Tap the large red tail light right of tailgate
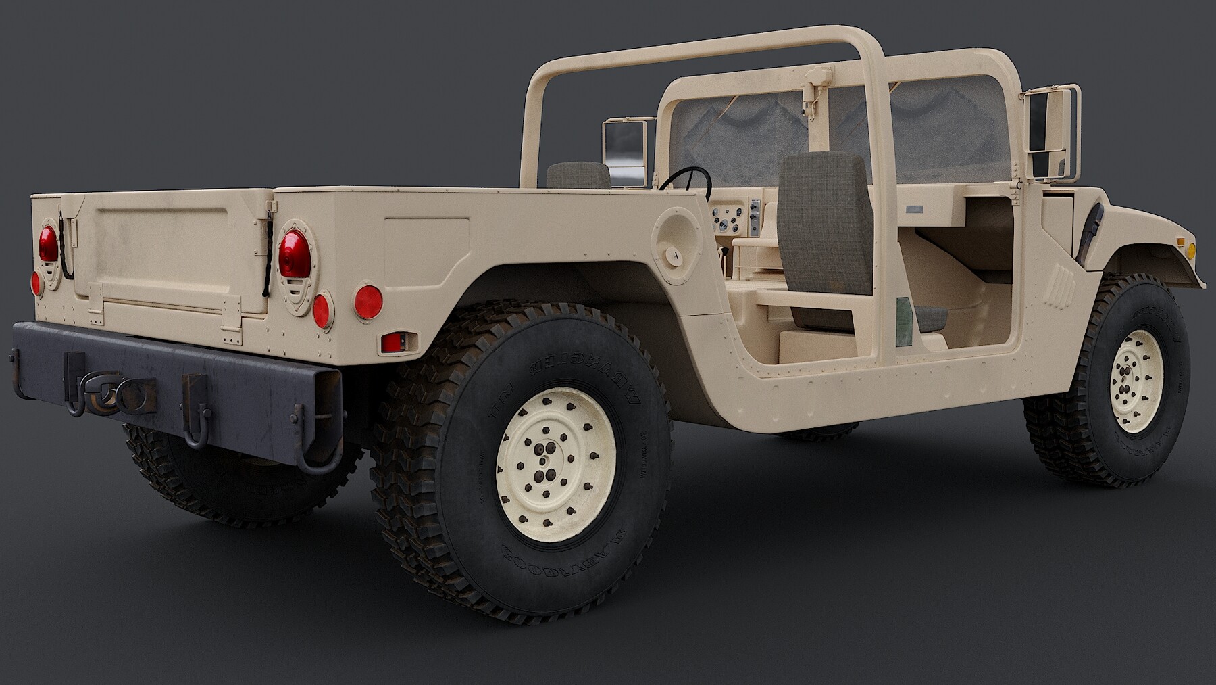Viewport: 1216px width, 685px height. pos(295,253)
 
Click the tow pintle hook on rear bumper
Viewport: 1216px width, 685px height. pos(108,400)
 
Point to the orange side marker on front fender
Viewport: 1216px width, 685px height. pos(1191,249)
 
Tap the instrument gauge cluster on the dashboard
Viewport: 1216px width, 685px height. pos(730,218)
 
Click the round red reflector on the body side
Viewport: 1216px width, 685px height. pos(368,300)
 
